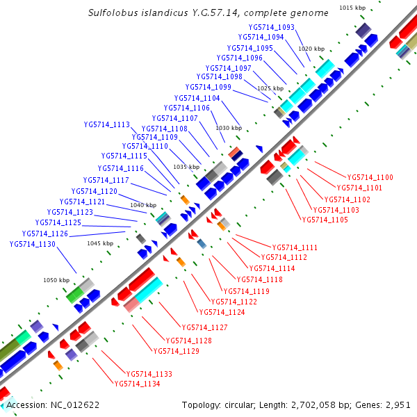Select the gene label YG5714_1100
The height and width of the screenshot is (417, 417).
[x=370, y=178]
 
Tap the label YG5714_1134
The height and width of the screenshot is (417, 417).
[x=138, y=384]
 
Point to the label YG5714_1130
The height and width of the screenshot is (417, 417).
[x=33, y=244]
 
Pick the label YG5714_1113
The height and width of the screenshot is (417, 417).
[x=107, y=125]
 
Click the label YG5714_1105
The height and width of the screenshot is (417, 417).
[x=325, y=220]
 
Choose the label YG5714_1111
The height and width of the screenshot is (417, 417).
[x=295, y=247]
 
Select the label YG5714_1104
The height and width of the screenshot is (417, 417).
[x=197, y=99]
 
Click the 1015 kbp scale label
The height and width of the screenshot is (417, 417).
[x=352, y=8]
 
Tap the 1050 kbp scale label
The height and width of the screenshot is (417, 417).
[x=56, y=280]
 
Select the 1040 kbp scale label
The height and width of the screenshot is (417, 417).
[x=143, y=205]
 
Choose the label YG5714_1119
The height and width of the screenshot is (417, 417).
[x=246, y=291]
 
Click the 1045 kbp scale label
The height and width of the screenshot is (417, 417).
[x=99, y=243]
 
